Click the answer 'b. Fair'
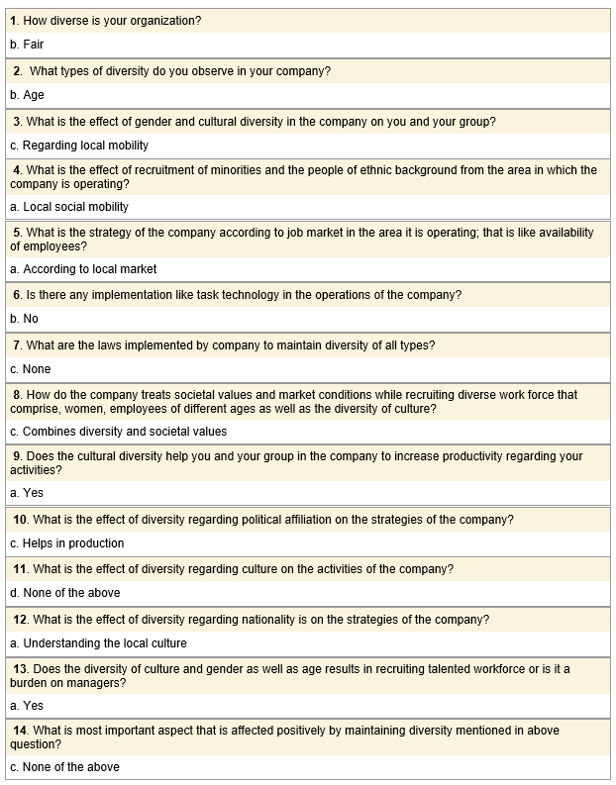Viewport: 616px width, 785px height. pyautogui.click(x=27, y=45)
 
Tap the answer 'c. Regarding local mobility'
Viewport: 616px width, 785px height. pyautogui.click(x=79, y=146)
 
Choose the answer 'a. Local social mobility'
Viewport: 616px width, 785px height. pyautogui.click(x=69, y=207)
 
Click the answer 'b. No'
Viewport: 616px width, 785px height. pyautogui.click(x=24, y=319)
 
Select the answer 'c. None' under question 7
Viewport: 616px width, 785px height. pyautogui.click(x=30, y=369)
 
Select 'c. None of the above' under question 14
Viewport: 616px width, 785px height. pyautogui.click(x=64, y=767)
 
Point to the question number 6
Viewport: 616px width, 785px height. pyautogui.click(x=17, y=295)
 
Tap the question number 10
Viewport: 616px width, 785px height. pyautogui.click(x=20, y=520)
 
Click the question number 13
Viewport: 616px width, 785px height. pyautogui.click(x=20, y=669)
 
